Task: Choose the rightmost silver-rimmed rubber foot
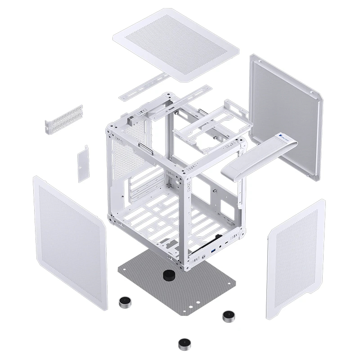pos(229,315)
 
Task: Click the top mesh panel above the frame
pos(175,43)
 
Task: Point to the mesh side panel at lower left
pos(70,243)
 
